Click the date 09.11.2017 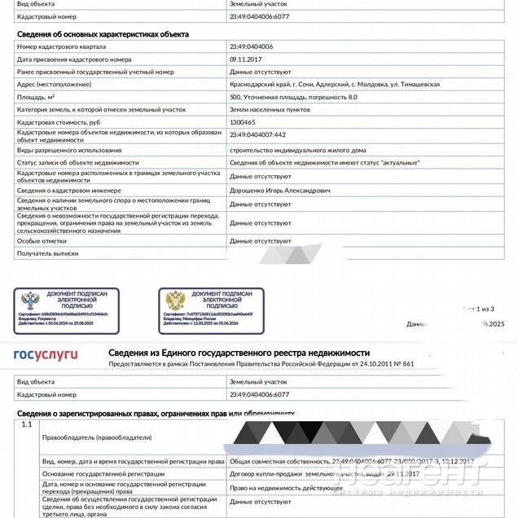click(x=245, y=59)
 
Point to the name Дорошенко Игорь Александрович click(x=280, y=190)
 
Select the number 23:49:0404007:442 click(x=257, y=134)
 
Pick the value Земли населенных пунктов click(x=269, y=108)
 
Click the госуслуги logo click(x=46, y=354)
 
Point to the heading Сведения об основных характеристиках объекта click(x=103, y=35)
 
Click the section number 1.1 click(x=27, y=424)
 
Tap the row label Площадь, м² click(x=41, y=96)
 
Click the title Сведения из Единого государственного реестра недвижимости click(x=261, y=353)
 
